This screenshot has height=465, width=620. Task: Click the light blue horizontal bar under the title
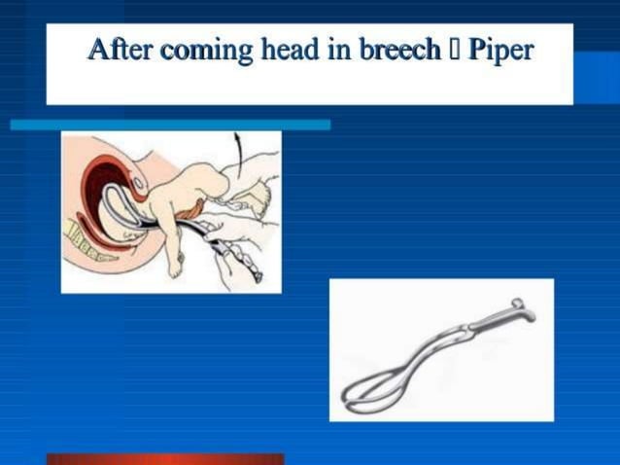coord(170,125)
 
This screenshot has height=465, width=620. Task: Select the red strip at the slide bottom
coord(165,459)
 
